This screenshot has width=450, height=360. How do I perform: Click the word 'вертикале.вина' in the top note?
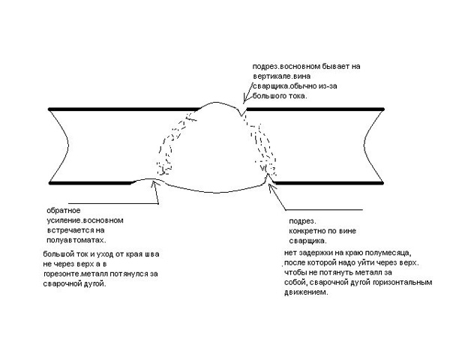[x=281, y=76]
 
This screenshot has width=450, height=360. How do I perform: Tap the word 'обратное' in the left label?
[x=64, y=211]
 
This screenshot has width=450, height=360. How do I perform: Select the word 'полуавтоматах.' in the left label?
[x=76, y=240]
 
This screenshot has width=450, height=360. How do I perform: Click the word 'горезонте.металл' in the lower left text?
[x=76, y=274]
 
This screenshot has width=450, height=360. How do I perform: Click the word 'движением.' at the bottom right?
[x=306, y=292]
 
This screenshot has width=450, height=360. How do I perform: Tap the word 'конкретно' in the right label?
[x=307, y=231]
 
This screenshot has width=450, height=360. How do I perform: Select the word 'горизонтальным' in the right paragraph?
[x=403, y=283]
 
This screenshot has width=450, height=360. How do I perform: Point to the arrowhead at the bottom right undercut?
[x=270, y=187]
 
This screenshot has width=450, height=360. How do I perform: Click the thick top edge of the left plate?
[x=124, y=109]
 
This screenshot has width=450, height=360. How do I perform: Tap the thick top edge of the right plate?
[x=315, y=109]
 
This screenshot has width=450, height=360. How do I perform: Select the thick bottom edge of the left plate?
[x=91, y=183]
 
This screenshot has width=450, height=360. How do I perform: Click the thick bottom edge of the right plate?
[x=328, y=182]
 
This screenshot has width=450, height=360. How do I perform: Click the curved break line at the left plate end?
[x=68, y=145]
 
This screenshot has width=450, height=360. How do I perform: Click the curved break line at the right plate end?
[x=364, y=145]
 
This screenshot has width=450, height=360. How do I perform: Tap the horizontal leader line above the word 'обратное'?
[x=113, y=203]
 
